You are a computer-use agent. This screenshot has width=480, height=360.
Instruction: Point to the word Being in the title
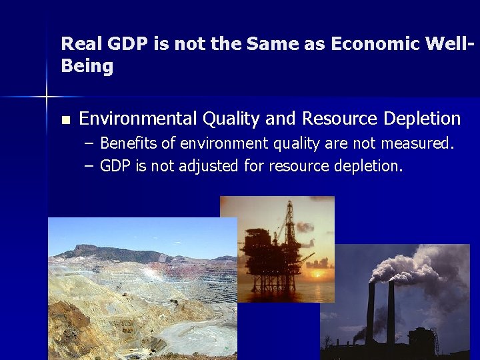[87, 67]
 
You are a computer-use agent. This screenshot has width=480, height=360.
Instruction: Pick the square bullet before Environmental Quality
[65, 120]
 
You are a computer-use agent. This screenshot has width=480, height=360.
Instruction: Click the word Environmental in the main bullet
[137, 119]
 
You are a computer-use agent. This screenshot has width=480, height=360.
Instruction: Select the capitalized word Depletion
[422, 119]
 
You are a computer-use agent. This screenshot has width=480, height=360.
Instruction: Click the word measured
[418, 143]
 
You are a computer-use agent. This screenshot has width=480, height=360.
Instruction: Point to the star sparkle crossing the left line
[47, 97]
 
